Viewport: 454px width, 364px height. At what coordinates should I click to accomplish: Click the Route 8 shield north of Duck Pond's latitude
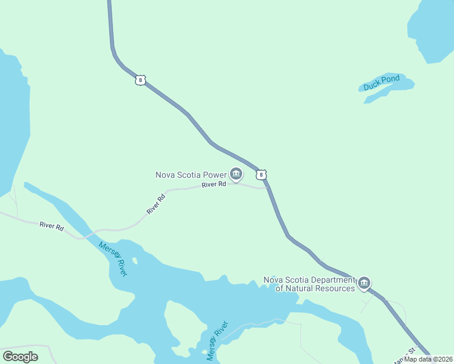(140, 79)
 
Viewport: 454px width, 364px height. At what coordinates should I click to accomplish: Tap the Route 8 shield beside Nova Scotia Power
(261, 175)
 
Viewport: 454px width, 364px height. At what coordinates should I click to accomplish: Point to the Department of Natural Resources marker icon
(364, 283)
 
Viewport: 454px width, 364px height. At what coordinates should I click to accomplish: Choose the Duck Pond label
(382, 83)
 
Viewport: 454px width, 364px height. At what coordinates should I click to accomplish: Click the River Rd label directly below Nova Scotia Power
(214, 184)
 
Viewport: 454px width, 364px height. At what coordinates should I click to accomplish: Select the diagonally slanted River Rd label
(156, 204)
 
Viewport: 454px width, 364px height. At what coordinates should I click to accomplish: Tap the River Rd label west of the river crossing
(52, 225)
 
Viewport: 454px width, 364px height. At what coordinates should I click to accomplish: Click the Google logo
(20, 356)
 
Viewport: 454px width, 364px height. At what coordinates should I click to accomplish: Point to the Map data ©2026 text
(429, 359)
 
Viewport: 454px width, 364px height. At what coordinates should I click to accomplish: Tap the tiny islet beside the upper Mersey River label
(135, 261)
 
